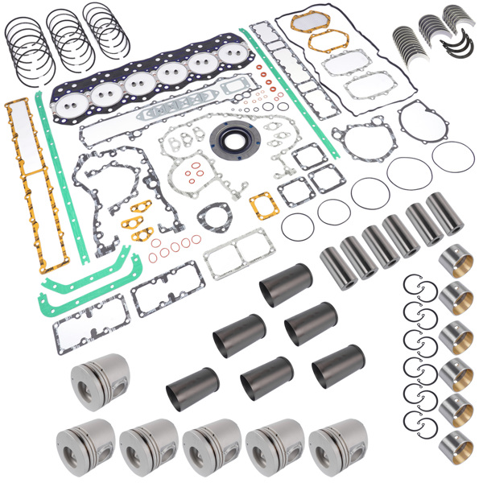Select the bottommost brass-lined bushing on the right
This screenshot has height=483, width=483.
(456, 444)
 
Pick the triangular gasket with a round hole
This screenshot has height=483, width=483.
(213, 216)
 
